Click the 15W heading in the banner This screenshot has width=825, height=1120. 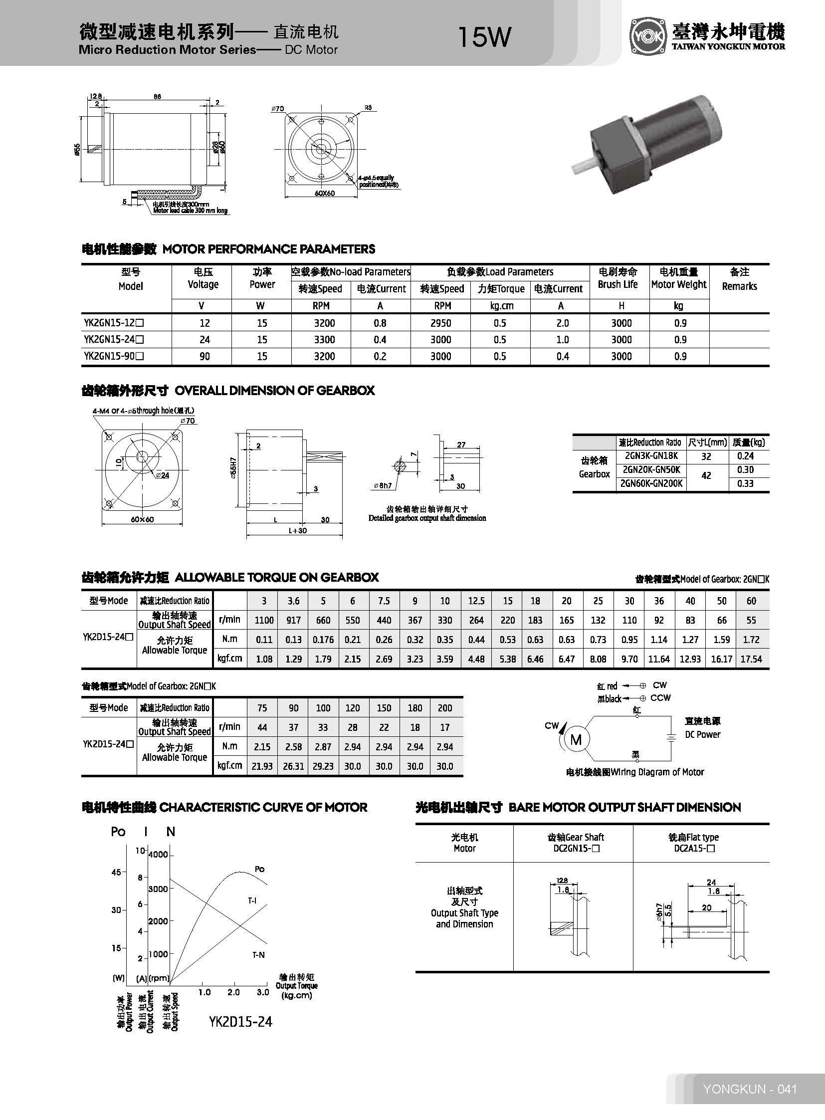click(484, 37)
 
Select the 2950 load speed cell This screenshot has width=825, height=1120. click(440, 323)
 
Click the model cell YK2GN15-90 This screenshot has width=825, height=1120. click(114, 356)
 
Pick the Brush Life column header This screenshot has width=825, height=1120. click(618, 278)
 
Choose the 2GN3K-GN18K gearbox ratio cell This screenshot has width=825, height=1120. click(651, 455)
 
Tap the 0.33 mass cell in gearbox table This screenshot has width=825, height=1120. click(745, 483)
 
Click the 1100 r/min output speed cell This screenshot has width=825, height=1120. click(264, 621)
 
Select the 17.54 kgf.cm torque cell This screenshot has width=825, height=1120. click(751, 659)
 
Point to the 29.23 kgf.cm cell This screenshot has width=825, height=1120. click(323, 766)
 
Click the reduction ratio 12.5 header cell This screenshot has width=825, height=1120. click(476, 601)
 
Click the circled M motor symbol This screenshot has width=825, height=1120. click(576, 739)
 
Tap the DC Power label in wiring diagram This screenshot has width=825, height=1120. click(703, 734)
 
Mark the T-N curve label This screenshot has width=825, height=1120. click(258, 955)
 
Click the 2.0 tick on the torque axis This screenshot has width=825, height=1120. click(233, 992)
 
